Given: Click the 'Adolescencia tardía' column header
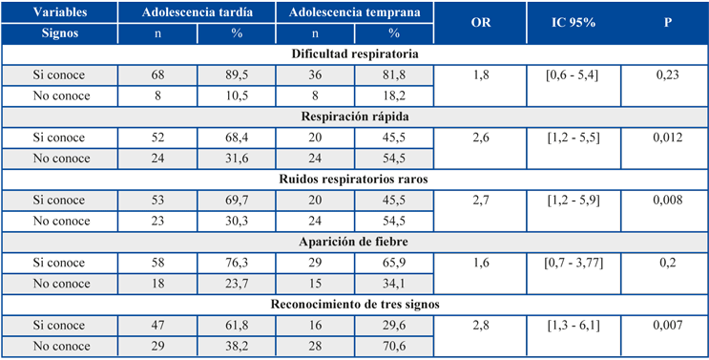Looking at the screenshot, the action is click(x=198, y=12).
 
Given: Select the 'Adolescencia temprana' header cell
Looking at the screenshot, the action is click(x=355, y=12).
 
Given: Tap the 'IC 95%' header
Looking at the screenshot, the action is click(x=573, y=23).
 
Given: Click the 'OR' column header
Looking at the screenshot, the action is click(x=480, y=23).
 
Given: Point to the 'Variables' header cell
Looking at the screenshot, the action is click(x=60, y=12).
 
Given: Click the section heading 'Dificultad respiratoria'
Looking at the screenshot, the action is click(x=355, y=54).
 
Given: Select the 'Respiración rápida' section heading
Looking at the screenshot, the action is click(x=355, y=117).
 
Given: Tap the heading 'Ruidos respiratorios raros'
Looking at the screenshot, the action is click(x=355, y=180).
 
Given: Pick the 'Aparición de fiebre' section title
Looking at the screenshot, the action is click(x=355, y=242).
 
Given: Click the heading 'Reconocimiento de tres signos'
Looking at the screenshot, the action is click(x=355, y=305).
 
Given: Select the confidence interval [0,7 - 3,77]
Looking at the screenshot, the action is click(x=573, y=263).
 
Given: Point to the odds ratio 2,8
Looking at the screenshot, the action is click(x=480, y=326).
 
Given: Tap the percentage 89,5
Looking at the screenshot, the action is click(x=237, y=75).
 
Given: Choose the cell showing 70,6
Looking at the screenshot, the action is click(x=394, y=347).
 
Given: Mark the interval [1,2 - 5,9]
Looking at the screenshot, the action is click(x=573, y=201).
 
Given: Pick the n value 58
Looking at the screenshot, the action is click(x=157, y=263).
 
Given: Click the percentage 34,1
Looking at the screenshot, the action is click(x=394, y=284).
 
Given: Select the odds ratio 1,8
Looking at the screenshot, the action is click(x=480, y=75).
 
